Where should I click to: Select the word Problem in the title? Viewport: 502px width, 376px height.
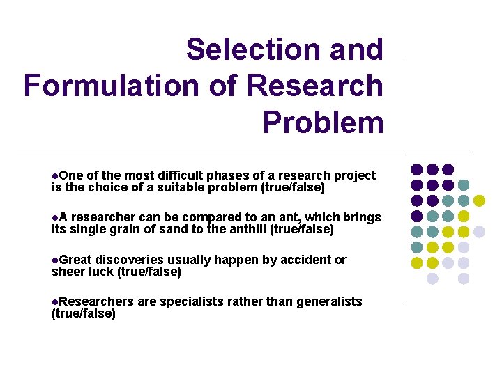click(323, 122)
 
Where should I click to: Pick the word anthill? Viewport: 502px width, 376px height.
click(245, 229)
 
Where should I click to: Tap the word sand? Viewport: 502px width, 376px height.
click(183, 229)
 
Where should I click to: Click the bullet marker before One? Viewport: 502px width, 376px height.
click(55, 176)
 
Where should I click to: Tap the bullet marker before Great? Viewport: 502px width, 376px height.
click(55, 260)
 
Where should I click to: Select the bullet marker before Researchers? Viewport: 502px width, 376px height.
click(55, 302)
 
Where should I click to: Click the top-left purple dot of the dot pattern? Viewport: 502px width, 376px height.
click(417, 169)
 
